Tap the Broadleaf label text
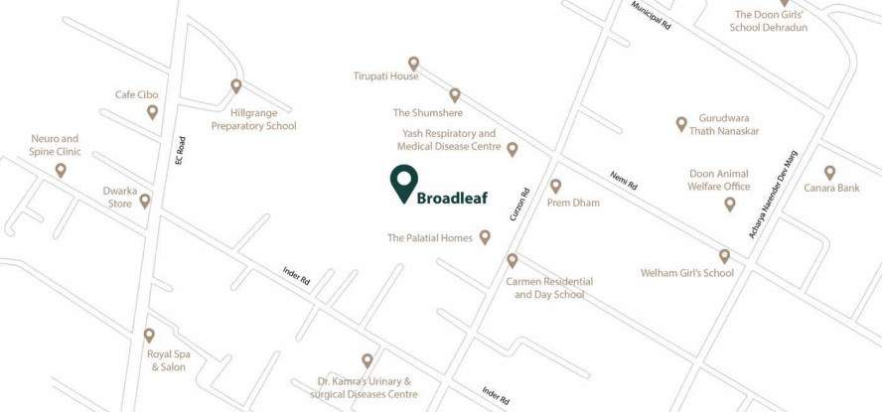tap(451, 197)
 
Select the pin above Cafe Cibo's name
tap(152, 112)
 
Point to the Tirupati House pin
tap(414, 64)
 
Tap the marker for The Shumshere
tap(455, 95)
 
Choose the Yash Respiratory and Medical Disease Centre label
tap(449, 140)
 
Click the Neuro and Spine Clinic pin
tap(61, 171)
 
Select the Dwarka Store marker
tap(145, 201)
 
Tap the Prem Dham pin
tap(556, 186)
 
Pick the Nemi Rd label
tap(623, 180)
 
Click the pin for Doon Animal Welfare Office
tap(730, 205)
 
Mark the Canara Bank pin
tap(830, 173)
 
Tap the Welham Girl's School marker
tap(725, 256)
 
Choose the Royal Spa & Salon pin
tap(149, 336)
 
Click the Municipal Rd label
tap(653, 15)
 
